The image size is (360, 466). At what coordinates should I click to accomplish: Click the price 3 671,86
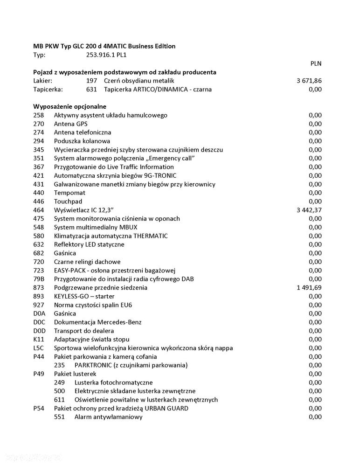(309, 81)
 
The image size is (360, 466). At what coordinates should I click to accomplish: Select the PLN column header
(316, 63)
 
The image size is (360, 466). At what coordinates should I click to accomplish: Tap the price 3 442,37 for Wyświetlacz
(309, 210)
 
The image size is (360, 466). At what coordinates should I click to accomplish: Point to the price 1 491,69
(309, 287)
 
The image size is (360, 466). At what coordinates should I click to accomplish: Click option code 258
(39, 115)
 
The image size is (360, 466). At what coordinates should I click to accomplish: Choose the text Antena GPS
(70, 124)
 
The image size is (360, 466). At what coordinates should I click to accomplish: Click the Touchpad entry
(68, 202)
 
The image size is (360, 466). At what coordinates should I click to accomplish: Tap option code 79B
(39, 279)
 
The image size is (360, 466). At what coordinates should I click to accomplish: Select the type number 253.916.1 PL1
(106, 55)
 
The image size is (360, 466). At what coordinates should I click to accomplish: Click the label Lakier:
(42, 81)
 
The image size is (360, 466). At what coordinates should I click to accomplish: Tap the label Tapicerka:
(48, 89)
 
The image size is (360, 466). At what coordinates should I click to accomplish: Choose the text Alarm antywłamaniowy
(108, 417)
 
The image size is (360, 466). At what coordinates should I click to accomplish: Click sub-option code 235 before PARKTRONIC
(59, 365)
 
